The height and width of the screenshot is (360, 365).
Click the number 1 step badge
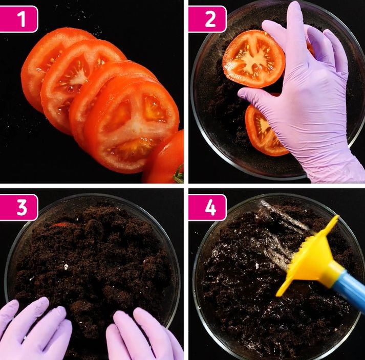[x=18, y=19]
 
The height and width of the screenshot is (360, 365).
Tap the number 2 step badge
[x=207, y=19]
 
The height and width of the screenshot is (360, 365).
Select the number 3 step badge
[x=18, y=207]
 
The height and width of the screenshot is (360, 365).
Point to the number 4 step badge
[x=207, y=207]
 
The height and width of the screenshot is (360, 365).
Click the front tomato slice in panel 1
[x=132, y=124]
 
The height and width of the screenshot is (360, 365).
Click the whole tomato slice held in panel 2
[x=253, y=59]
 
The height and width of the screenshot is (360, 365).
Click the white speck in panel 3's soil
[x=66, y=266]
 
